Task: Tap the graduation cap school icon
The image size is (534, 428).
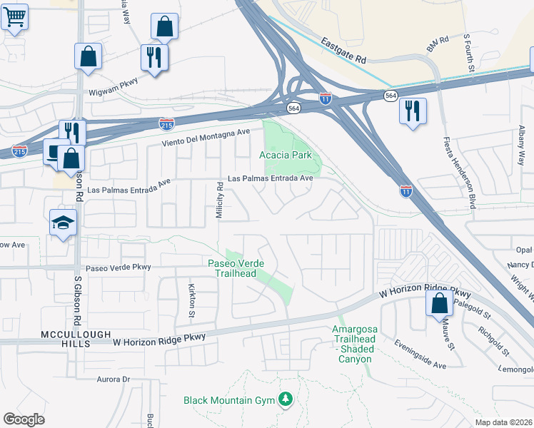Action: (63, 223)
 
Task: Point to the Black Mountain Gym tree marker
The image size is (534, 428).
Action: (286, 399)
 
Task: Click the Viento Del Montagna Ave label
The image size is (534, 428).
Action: (206, 136)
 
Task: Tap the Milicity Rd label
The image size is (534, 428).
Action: (221, 199)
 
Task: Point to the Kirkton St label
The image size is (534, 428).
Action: (191, 300)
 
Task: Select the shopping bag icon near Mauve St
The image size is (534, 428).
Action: (439, 303)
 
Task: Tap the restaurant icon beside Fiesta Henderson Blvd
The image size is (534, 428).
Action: (413, 111)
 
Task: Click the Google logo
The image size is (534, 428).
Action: (24, 419)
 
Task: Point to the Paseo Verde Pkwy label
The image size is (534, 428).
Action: (119, 267)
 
